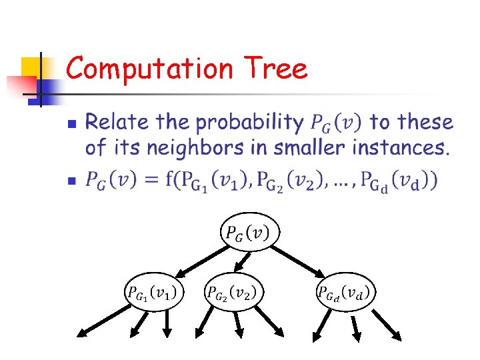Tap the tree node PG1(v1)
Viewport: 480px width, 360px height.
(x=153, y=291)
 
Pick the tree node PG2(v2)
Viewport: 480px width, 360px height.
(x=233, y=291)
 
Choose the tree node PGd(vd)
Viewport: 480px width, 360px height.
(x=344, y=291)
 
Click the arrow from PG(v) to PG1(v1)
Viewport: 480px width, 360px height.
(x=200, y=259)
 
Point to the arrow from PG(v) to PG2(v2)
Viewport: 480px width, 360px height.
(x=242, y=261)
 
